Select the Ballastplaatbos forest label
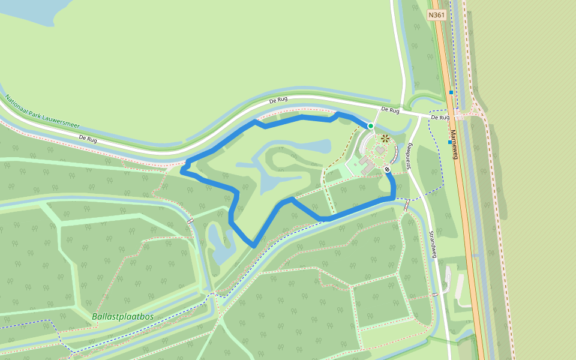click(x=123, y=316)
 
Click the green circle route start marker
click(x=371, y=125)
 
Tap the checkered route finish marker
click(x=387, y=170)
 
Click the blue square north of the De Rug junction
click(x=451, y=92)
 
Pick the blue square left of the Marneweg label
click(x=449, y=142)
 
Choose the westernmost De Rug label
click(x=88, y=139)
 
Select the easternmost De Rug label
click(x=440, y=118)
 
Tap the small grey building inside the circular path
click(x=380, y=149)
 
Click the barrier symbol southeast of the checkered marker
click(x=407, y=205)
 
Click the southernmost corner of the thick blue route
click(x=254, y=245)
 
